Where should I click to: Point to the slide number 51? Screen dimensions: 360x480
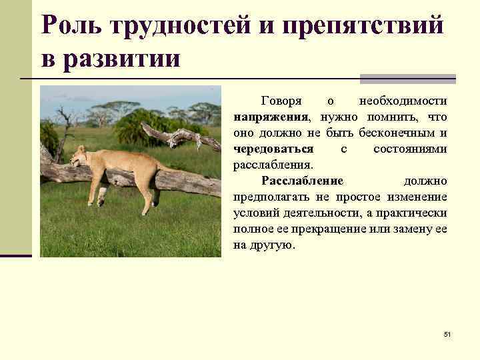point(447,333)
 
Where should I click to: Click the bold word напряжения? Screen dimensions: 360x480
point(270,117)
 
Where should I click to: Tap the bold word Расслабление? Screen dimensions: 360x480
point(302,181)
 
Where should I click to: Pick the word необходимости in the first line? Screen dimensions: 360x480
point(403,101)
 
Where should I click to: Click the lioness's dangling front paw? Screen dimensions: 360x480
point(101,196)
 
